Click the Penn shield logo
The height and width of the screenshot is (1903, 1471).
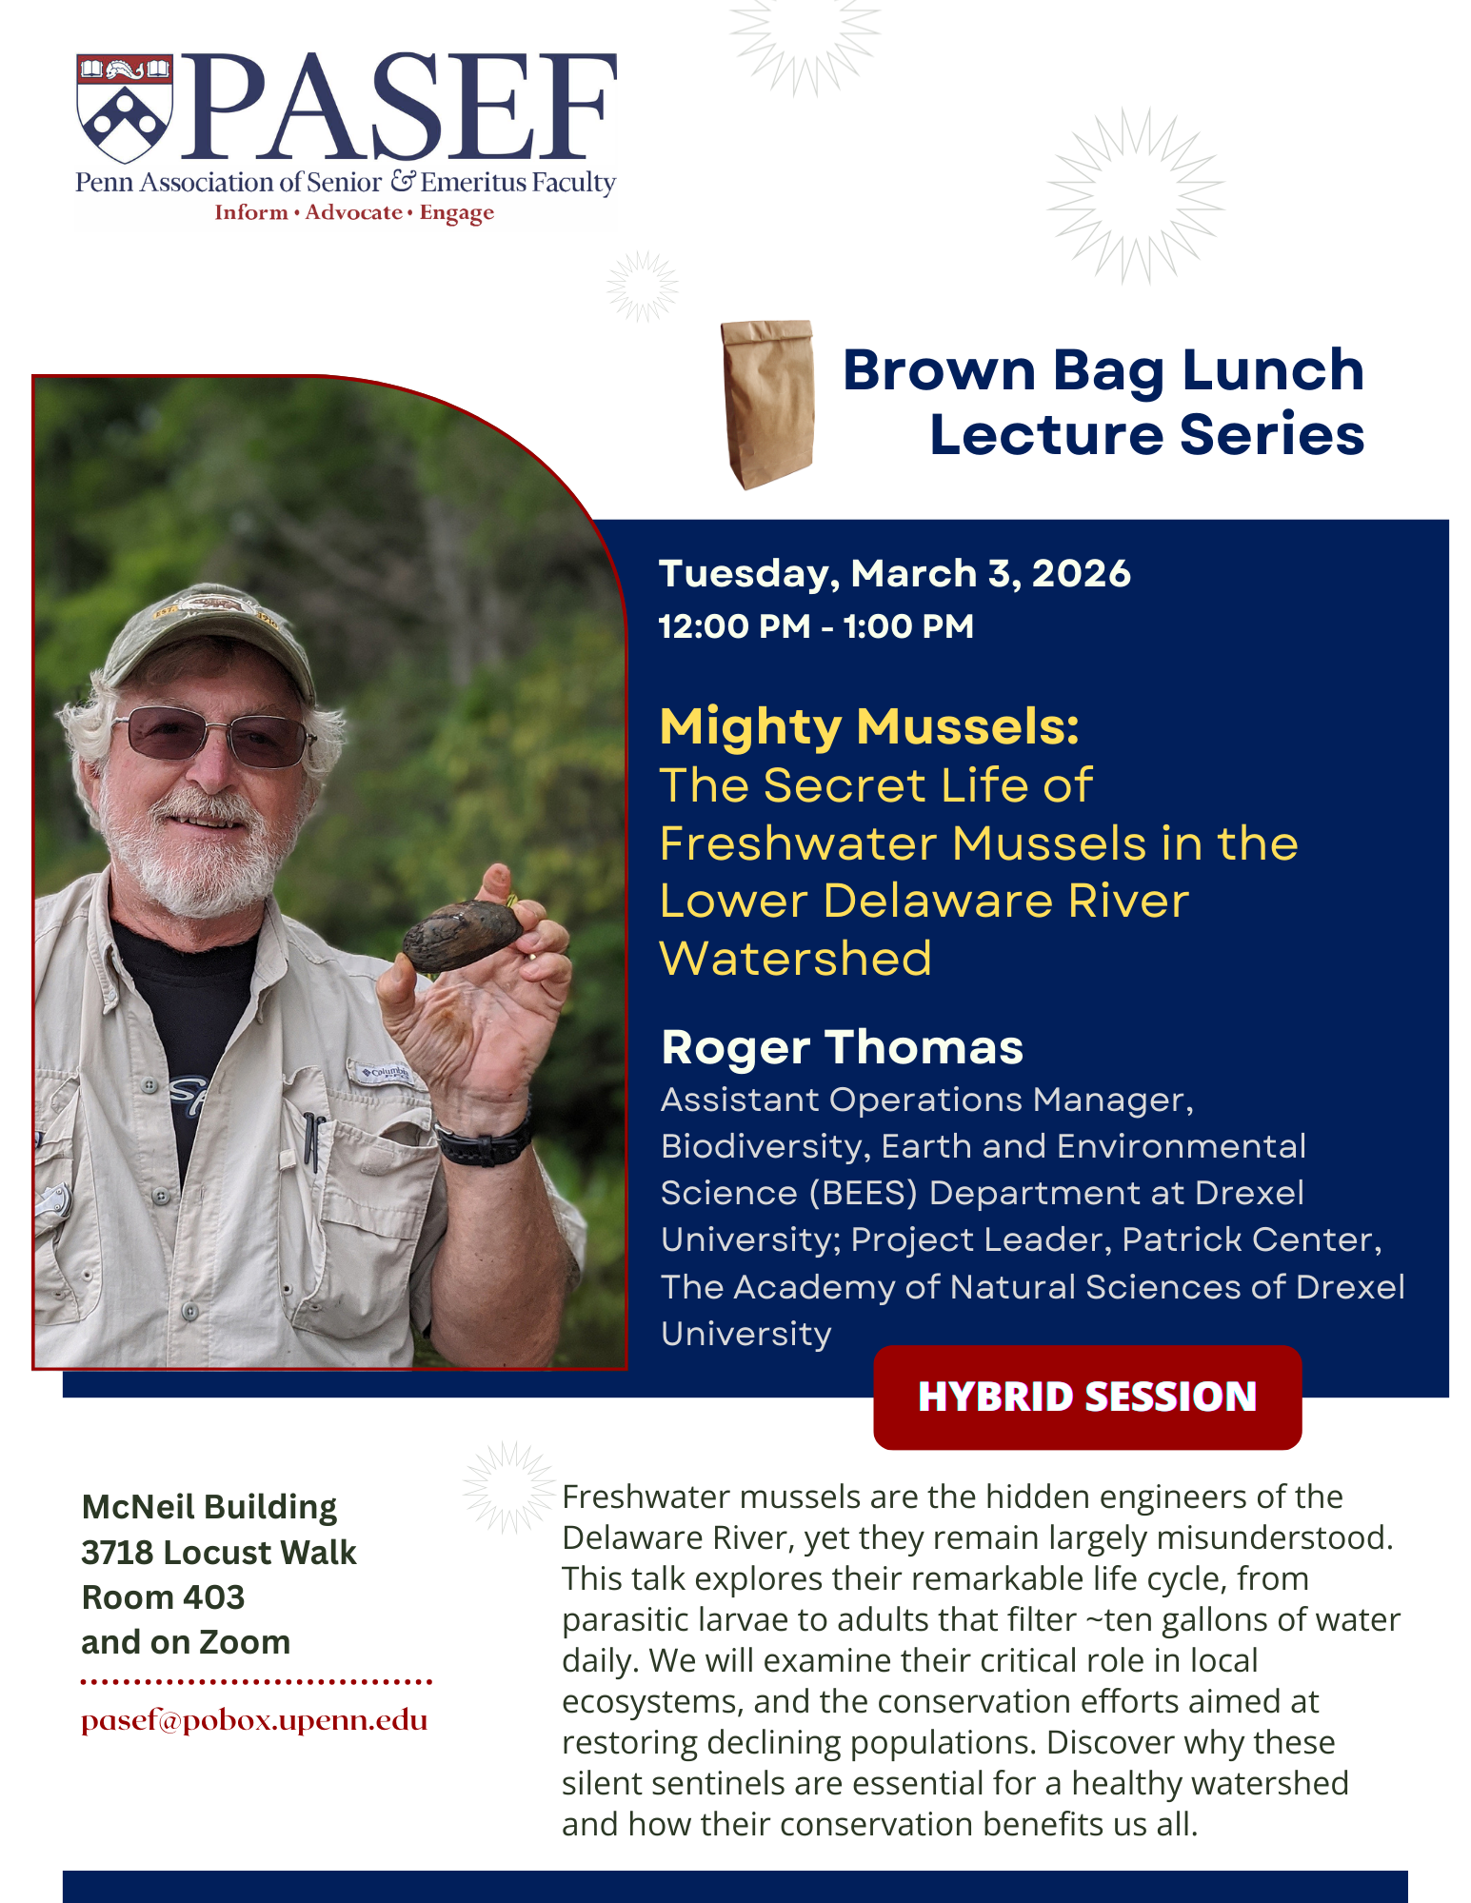coord(125,108)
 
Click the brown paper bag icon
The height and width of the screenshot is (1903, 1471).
coord(768,405)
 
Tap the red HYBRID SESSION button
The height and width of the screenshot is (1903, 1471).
coord(1087,1398)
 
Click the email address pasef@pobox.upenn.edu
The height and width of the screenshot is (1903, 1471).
coord(254,1721)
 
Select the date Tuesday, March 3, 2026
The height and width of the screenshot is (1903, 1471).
coord(895,574)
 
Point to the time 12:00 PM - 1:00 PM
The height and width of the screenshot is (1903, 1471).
coord(816,626)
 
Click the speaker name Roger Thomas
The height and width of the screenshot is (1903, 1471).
coord(843,1047)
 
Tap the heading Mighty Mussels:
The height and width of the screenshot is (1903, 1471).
coord(869,727)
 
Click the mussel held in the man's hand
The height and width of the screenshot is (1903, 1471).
coord(462,934)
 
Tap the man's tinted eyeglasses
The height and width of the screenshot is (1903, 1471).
coord(211,735)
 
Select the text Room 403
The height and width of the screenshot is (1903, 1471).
coord(163,1597)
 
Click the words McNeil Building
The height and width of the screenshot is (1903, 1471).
coord(209,1507)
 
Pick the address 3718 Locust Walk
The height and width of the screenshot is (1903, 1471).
coord(219,1553)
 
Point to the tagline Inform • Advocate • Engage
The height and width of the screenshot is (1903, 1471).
coord(354,212)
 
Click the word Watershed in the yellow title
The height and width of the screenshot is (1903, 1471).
coord(796,959)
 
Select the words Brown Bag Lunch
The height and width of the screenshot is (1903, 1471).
coord(1103,370)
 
